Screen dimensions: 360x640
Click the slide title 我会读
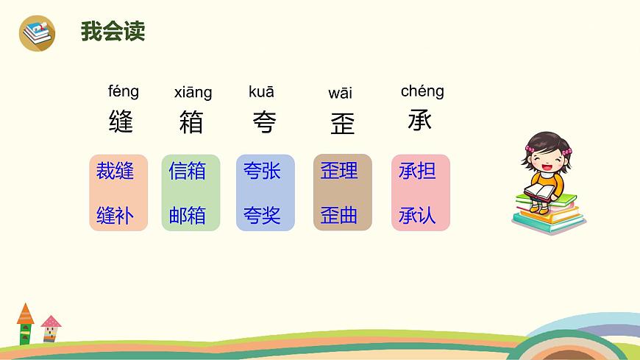(x=113, y=32)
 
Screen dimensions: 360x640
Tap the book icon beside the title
(x=37, y=33)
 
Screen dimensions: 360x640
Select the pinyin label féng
(x=123, y=91)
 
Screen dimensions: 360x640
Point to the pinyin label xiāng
(x=193, y=92)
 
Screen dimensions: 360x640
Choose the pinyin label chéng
(x=422, y=91)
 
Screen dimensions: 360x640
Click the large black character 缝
(x=121, y=121)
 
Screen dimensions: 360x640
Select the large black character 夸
(x=263, y=122)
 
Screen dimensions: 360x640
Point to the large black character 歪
(x=342, y=123)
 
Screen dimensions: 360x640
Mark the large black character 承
(x=420, y=119)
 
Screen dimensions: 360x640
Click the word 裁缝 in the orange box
(x=115, y=172)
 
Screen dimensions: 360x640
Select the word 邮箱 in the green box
(x=188, y=216)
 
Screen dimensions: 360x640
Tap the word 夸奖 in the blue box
(x=262, y=216)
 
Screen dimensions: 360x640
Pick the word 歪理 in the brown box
(x=339, y=171)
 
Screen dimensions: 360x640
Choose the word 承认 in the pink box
(x=417, y=216)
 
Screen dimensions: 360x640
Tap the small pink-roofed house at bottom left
(x=51, y=328)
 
